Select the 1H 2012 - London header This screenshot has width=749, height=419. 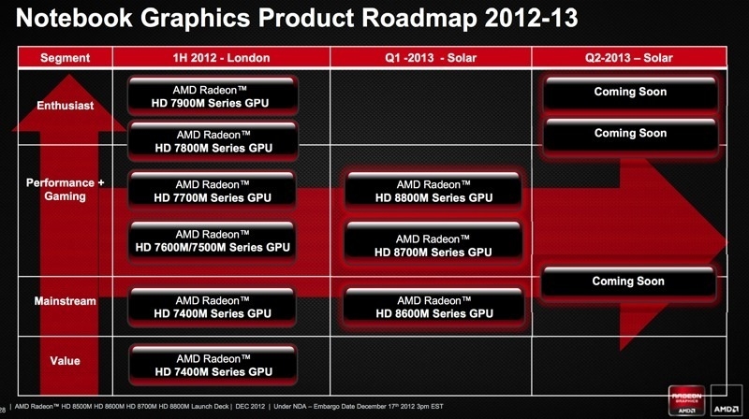[x=221, y=58]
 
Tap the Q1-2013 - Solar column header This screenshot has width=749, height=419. [x=431, y=58]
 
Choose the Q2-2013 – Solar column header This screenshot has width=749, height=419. [x=629, y=58]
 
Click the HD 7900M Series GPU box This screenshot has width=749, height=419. [x=213, y=95]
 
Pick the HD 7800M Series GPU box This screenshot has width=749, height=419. [x=213, y=141]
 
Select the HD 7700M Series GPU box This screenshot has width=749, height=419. [x=213, y=190]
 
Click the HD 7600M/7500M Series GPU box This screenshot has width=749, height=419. [x=213, y=241]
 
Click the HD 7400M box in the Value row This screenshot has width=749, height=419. [x=213, y=364]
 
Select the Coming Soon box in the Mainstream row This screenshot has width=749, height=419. [x=629, y=282]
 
